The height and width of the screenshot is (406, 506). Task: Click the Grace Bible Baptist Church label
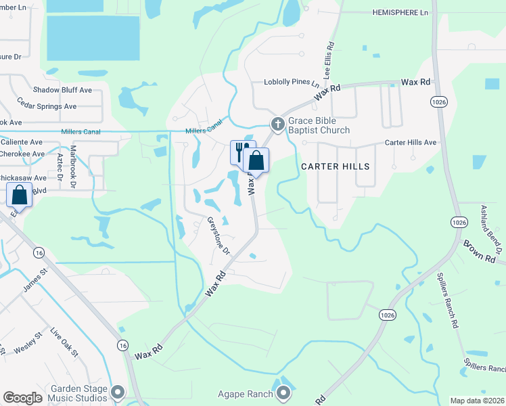point(319,125)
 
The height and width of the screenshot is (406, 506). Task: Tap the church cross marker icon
point(277,124)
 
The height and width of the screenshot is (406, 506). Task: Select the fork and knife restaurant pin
point(241,151)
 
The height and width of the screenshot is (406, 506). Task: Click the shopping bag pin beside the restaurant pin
point(256,161)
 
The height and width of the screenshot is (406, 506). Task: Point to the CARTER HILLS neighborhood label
point(336,166)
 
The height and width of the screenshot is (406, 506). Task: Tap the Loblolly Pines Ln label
point(291,83)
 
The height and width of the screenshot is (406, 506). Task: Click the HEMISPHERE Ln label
point(400,13)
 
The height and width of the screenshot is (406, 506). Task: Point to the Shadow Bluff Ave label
point(62,90)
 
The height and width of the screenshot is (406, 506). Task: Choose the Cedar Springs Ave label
point(47,106)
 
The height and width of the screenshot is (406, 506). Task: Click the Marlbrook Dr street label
point(74,162)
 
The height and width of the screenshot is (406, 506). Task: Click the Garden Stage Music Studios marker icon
point(118,392)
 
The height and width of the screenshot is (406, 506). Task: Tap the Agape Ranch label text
point(245,394)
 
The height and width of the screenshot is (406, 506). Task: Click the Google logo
point(22,398)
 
